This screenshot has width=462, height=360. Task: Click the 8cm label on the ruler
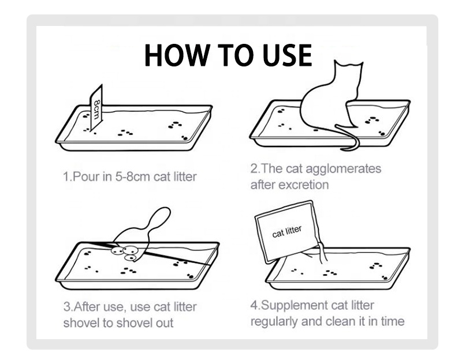(96, 109)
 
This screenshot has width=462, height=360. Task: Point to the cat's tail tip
(342, 149)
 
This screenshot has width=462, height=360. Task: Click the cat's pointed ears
(349, 64)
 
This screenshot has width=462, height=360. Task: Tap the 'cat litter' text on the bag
(286, 232)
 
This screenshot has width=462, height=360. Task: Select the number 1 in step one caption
(66, 177)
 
